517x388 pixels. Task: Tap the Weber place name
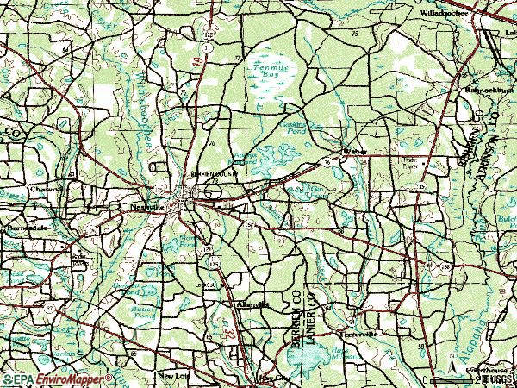point(355,151)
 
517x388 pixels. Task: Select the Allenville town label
point(252,304)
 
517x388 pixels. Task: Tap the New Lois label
point(172,376)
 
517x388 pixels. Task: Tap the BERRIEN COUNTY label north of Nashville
point(212,172)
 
